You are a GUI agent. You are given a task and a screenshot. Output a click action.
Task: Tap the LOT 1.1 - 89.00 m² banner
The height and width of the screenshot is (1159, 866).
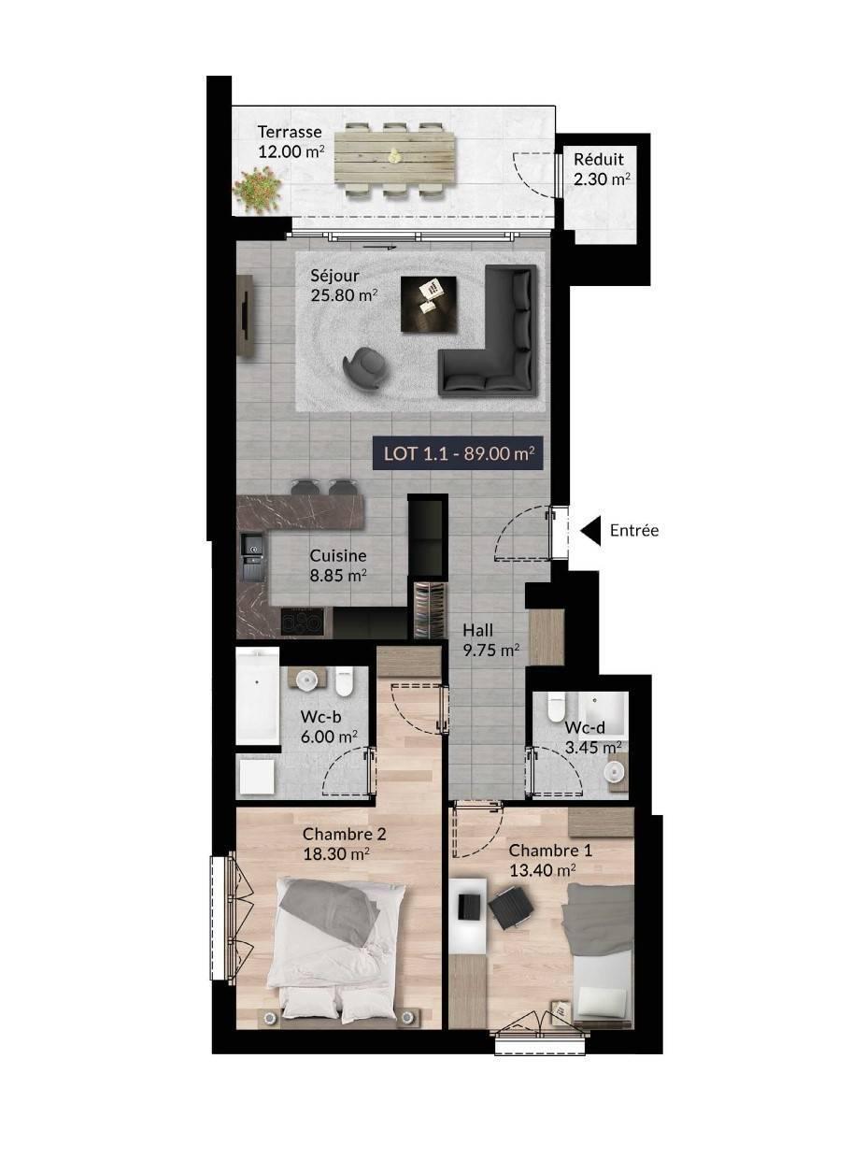[458, 453]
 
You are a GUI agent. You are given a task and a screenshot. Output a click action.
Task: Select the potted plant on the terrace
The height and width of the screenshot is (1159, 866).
[258, 190]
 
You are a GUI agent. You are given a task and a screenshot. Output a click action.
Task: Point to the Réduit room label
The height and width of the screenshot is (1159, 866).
[599, 159]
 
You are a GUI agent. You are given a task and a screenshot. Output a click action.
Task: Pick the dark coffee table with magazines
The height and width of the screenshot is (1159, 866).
[429, 304]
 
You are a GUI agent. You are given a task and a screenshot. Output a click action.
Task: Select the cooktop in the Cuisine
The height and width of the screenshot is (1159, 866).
[302, 622]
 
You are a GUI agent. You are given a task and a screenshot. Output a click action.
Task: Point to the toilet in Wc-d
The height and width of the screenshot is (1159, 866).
[556, 707]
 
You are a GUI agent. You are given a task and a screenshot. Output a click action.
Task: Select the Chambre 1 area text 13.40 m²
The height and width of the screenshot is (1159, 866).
[542, 870]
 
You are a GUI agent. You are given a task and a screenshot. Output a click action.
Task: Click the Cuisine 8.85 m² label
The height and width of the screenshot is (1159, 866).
[338, 565]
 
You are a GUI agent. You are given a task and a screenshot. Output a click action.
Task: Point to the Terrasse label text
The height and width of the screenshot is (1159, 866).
[290, 131]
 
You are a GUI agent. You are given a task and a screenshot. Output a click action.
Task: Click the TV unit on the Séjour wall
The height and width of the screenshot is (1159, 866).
[247, 316]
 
